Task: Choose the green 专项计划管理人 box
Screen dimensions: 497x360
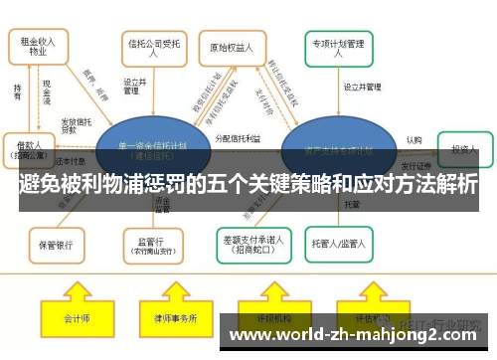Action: (339, 48)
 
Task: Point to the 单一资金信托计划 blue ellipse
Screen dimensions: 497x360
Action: (151, 148)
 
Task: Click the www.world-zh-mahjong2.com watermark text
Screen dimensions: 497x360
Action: (353, 335)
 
